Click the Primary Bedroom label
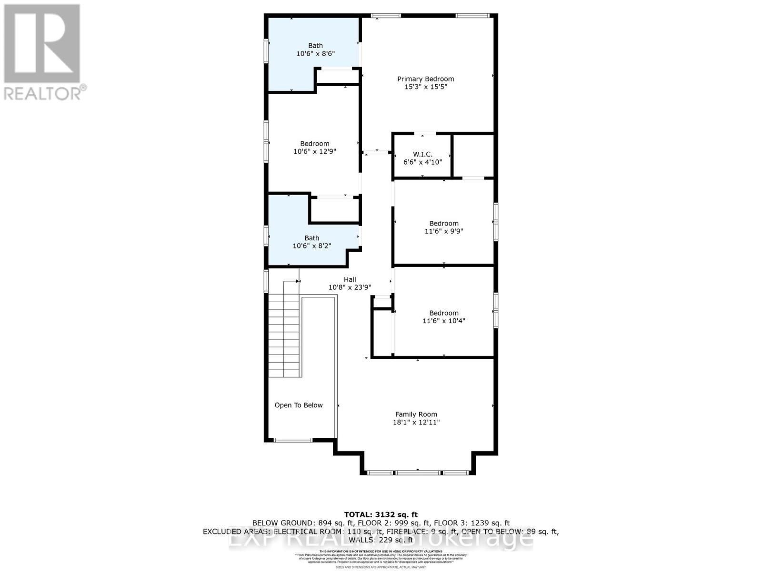[x=425, y=79]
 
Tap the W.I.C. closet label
[x=422, y=154]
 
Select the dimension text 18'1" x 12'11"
[x=416, y=422]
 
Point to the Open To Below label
[x=298, y=405]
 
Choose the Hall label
[x=350, y=280]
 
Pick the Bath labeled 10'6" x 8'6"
[x=315, y=49]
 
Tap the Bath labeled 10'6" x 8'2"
[x=311, y=242]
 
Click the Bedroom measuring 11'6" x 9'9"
[x=443, y=227]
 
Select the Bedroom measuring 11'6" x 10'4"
[x=443, y=316]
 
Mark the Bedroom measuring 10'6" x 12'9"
[x=314, y=147]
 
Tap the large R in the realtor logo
[x=42, y=44]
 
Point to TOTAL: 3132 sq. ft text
[x=381, y=514]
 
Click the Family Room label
[x=416, y=414]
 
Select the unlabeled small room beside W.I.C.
[x=472, y=156]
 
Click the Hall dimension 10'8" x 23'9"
[x=350, y=287]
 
